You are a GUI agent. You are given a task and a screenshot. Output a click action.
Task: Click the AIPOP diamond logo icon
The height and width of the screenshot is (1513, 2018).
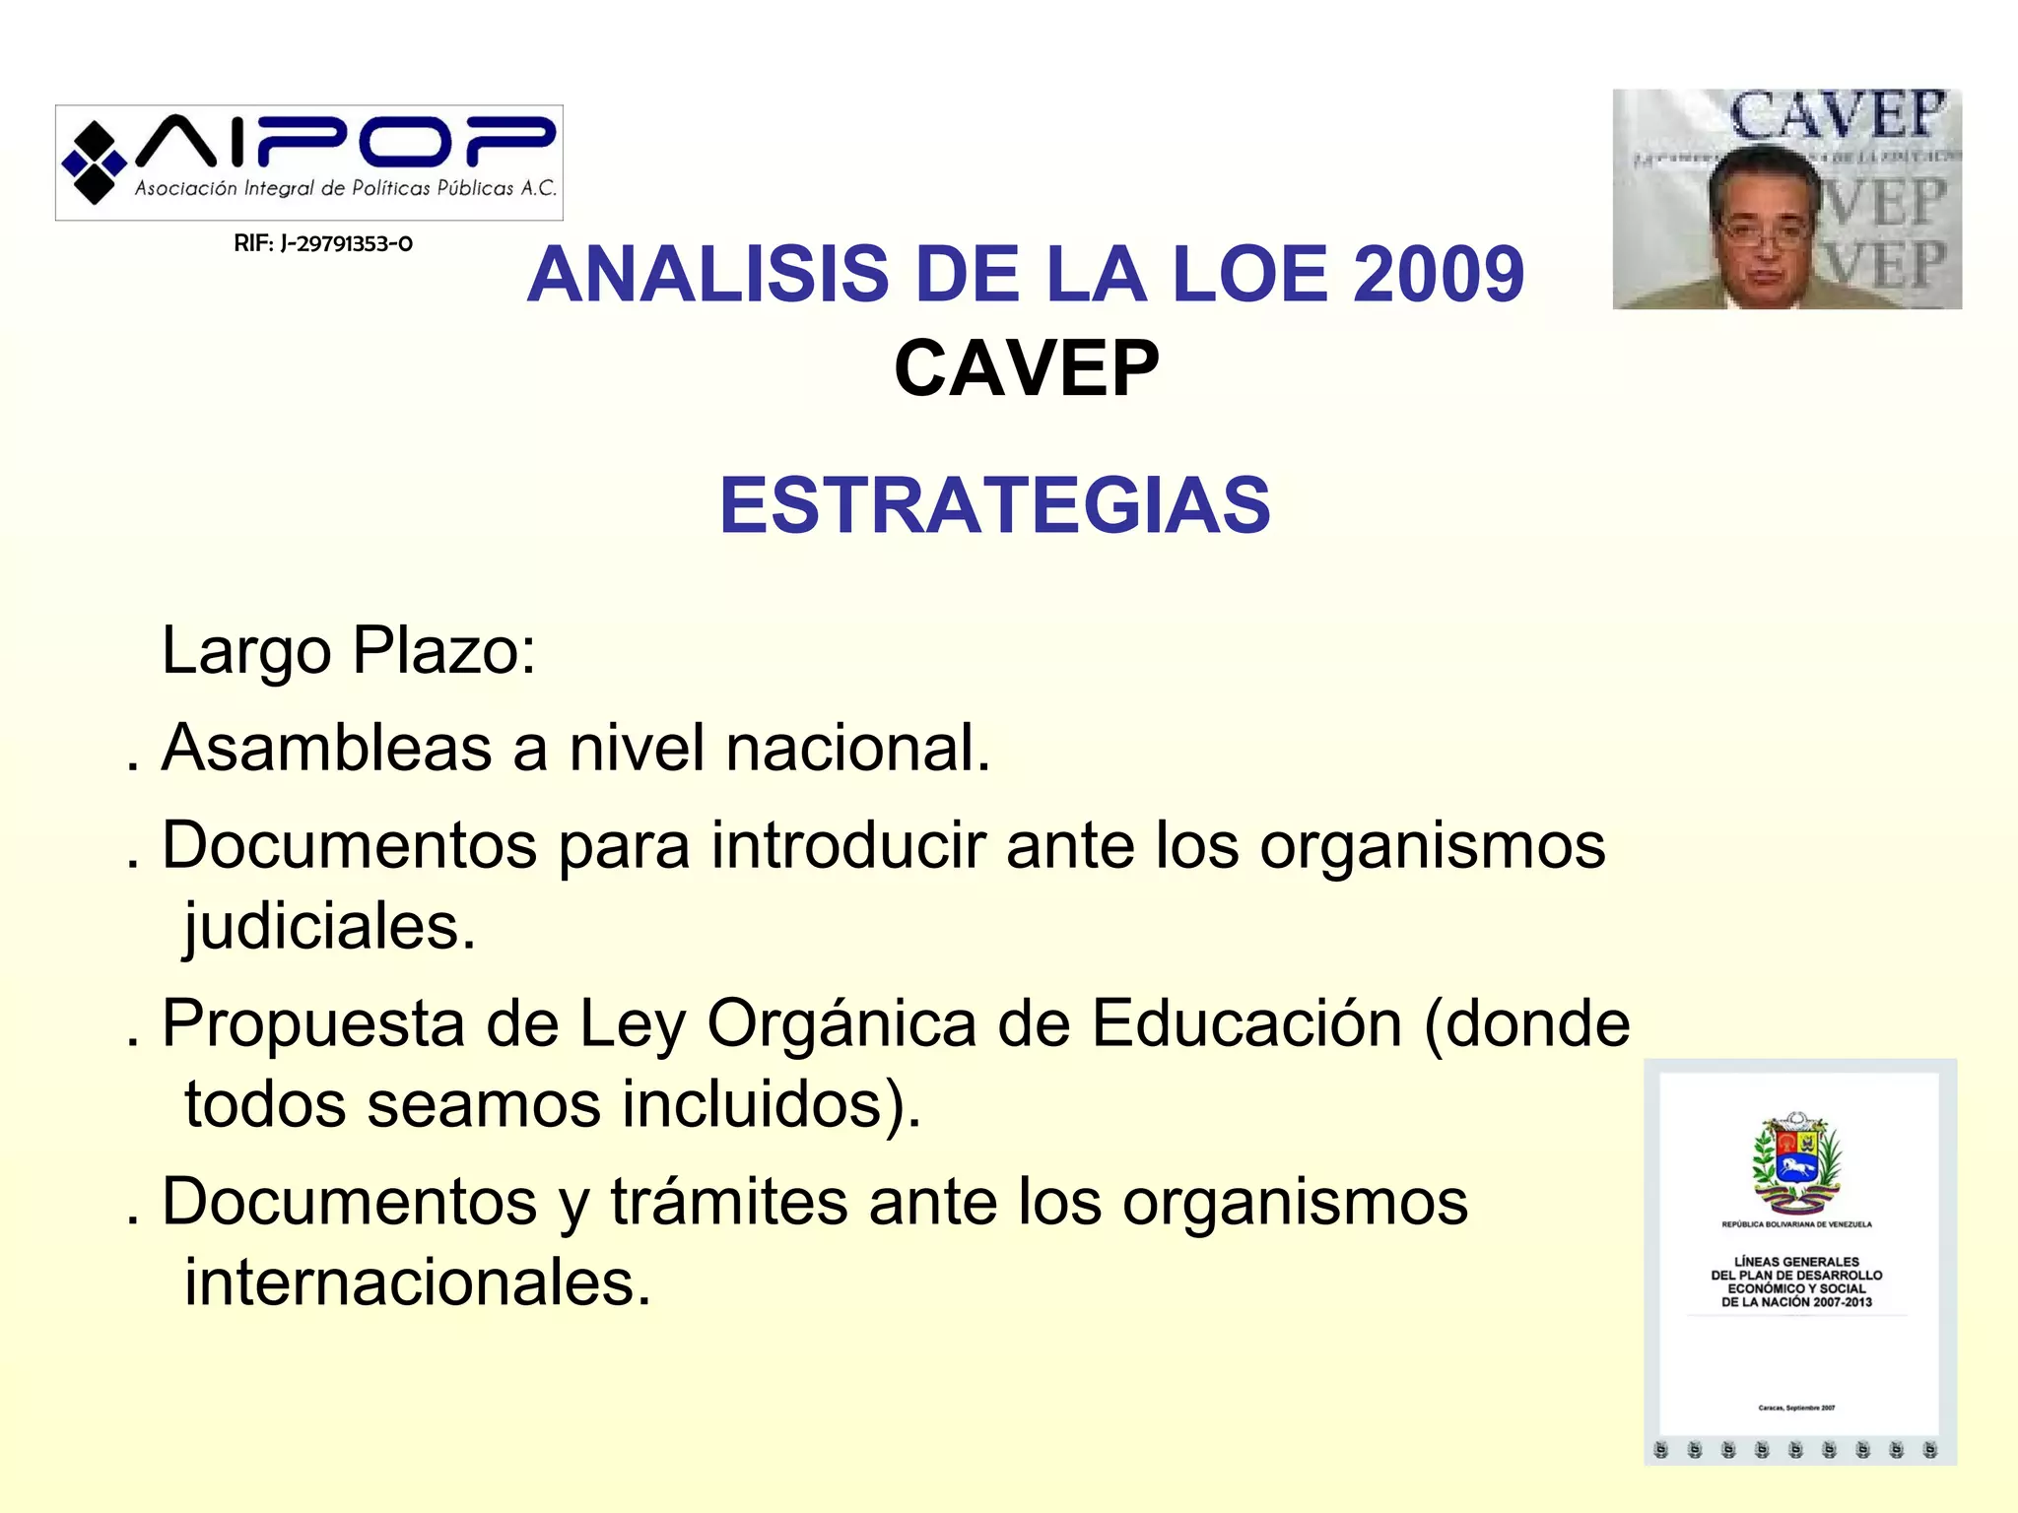click(x=94, y=163)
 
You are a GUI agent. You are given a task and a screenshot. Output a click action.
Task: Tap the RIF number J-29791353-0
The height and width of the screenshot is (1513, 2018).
click(x=322, y=243)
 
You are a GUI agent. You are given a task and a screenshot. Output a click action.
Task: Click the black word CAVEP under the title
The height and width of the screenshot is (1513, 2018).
click(x=1026, y=368)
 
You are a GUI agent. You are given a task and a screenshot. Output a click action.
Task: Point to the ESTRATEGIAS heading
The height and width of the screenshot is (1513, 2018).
click(x=995, y=505)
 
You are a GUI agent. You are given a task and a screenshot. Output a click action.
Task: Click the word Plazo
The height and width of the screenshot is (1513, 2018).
click(x=443, y=651)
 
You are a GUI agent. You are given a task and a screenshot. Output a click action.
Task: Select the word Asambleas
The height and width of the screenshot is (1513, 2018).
click(x=326, y=748)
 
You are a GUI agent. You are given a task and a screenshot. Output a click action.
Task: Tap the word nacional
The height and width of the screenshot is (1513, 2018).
click(x=857, y=748)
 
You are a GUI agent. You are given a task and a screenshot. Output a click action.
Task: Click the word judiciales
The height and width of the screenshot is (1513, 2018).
click(x=330, y=927)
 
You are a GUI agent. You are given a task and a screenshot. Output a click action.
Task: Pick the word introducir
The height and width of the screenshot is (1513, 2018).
click(x=848, y=845)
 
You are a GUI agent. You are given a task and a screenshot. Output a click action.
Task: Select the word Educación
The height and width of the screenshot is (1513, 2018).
click(x=1246, y=1023)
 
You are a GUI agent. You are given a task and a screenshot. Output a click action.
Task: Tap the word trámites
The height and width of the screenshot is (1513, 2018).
click(x=729, y=1202)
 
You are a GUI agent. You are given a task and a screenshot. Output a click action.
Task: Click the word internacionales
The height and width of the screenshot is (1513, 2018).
click(x=418, y=1283)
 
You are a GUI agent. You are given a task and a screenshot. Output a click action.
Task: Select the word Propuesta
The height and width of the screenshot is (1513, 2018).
click(x=312, y=1023)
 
